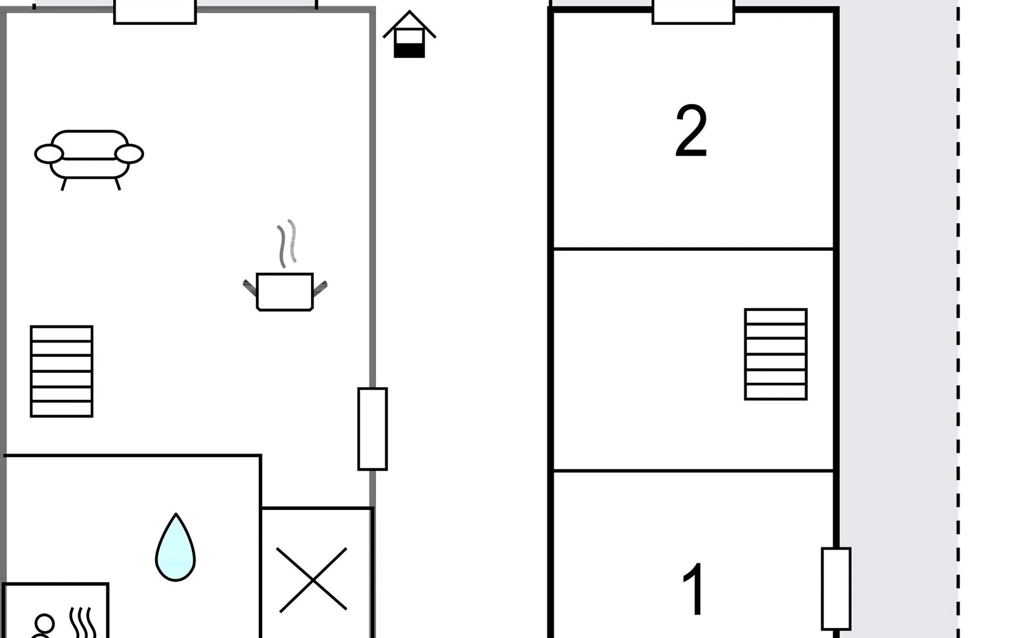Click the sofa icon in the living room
tap(89, 157)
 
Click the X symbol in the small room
tap(313, 580)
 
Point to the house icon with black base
tap(409, 37)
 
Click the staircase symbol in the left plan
tap(62, 371)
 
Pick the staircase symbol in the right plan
tap(776, 354)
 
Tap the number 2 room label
tap(691, 131)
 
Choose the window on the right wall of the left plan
tap(373, 429)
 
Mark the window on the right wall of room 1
tap(836, 589)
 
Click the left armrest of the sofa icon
tap(49, 154)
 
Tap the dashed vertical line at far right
tap(958, 319)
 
